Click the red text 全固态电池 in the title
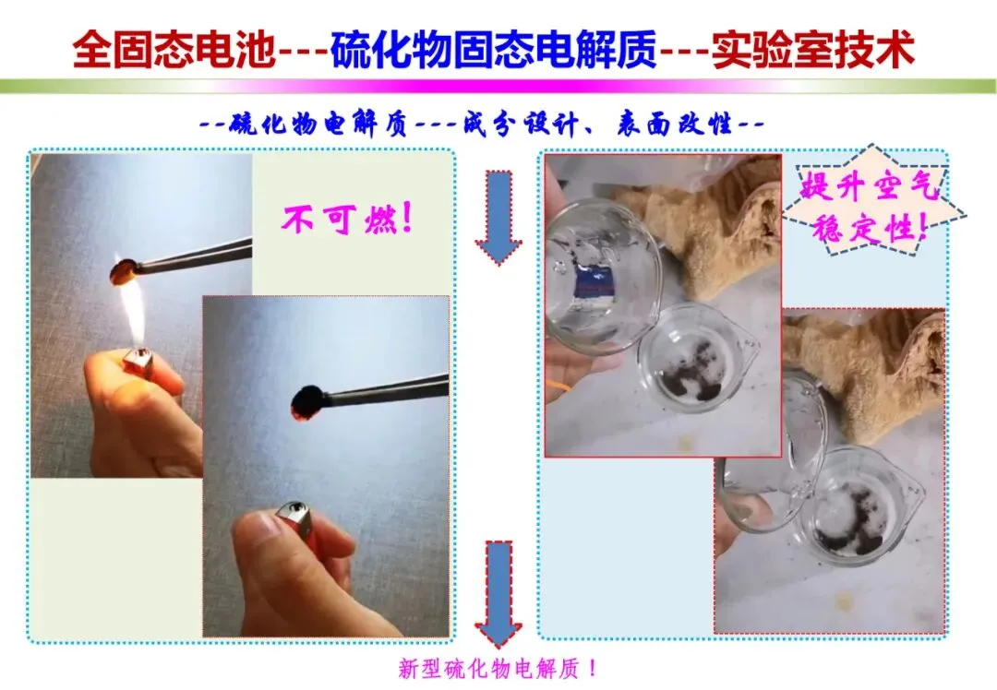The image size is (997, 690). [x=174, y=49]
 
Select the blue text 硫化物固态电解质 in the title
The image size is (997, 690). [x=493, y=49]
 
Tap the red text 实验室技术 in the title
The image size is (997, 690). [x=813, y=49]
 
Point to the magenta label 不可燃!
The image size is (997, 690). [x=348, y=220]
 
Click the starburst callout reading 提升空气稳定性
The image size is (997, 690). [x=871, y=201]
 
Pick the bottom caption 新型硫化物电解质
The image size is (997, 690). [x=498, y=669]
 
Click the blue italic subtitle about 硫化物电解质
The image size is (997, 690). [x=481, y=124]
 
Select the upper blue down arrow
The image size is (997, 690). [x=498, y=217]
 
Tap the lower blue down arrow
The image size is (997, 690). [x=498, y=593]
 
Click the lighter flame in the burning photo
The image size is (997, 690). [x=136, y=315]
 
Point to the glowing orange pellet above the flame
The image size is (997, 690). [x=124, y=272]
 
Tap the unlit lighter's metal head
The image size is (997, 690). [x=294, y=517]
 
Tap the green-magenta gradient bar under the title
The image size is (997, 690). [x=498, y=87]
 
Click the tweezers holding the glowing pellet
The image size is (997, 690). [x=193, y=256]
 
